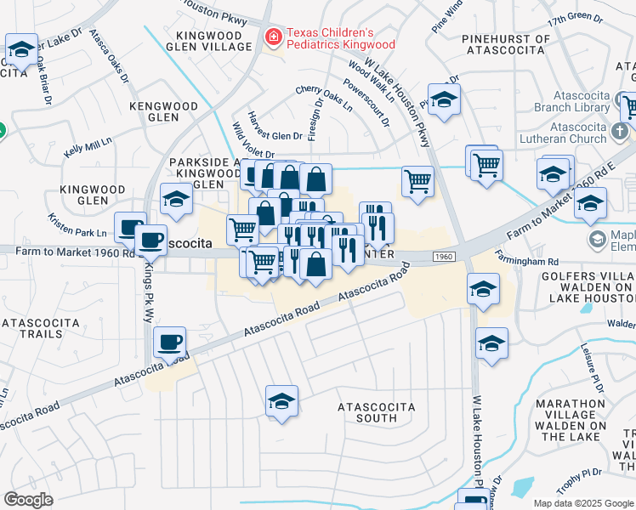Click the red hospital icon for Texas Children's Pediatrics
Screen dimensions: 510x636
pos(273,37)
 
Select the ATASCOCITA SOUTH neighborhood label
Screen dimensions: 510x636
pos(376,412)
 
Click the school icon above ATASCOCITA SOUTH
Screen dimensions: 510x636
pos(281,401)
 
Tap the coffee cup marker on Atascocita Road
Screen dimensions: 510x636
pos(170,342)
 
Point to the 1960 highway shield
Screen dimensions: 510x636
pos(443,256)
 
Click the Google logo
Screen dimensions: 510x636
pos(29,500)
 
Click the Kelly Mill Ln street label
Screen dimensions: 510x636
pos(88,148)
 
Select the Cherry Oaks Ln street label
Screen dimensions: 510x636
pos(324,99)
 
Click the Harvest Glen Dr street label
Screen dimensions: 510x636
pos(275,134)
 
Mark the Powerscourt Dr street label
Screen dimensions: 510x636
pos(366,104)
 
